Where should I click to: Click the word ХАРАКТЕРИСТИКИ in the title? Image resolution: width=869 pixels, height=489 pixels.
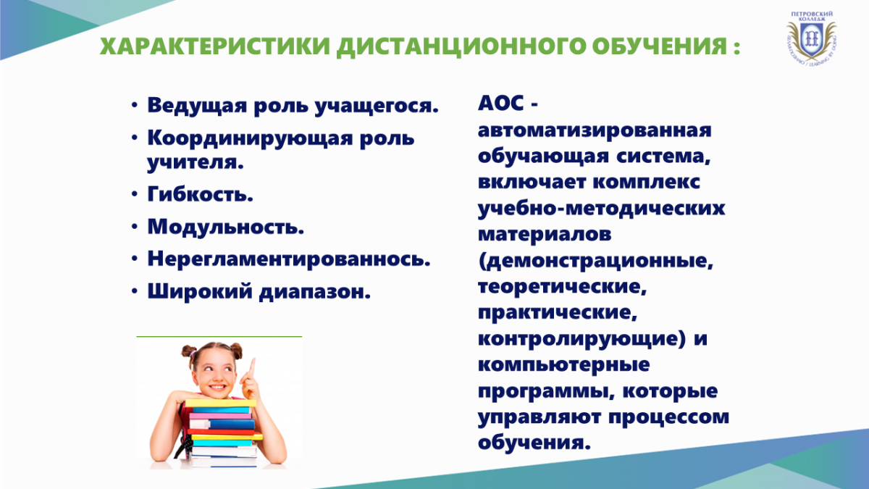214,46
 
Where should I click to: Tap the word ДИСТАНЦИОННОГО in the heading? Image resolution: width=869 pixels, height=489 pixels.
461,47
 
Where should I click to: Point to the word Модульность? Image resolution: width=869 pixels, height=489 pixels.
225,226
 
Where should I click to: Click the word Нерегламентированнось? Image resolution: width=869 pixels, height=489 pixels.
289,259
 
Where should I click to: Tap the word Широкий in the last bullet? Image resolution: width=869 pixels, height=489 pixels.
200,291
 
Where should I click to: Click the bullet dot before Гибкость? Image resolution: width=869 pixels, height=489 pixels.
134,193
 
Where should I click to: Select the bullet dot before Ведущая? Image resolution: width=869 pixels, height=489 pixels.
134,105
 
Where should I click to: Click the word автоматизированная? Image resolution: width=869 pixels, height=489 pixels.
595,130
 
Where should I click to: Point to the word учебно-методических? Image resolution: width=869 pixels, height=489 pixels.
601,209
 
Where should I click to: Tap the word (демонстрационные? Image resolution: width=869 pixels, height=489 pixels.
595,261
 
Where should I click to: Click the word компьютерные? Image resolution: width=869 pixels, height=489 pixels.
563,365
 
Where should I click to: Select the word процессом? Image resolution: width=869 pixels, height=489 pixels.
669,418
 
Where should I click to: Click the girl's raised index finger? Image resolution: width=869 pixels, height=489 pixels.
252,367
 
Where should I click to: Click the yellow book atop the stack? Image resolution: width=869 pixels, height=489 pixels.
220,403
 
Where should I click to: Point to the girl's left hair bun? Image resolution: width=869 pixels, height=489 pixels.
189,352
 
